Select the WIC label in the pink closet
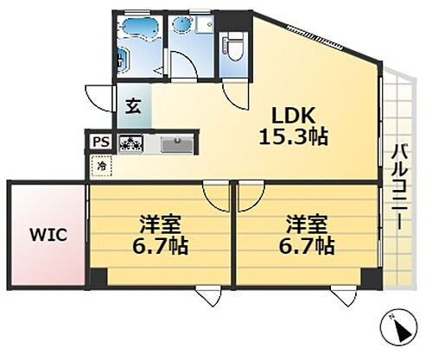point(46,234)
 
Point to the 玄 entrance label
point(135,108)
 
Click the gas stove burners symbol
point(131,143)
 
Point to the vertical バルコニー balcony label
point(398,186)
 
